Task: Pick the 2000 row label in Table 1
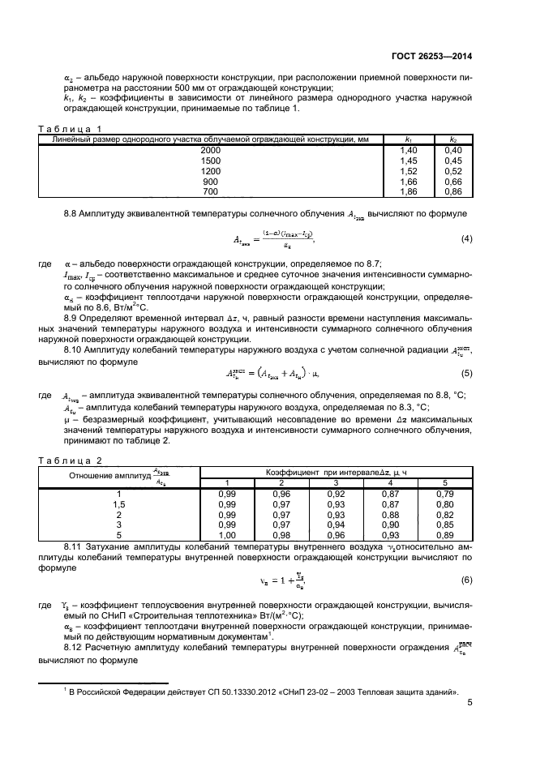coord(210,151)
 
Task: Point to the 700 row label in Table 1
coord(210,191)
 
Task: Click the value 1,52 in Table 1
coord(408,171)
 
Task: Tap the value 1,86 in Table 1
coord(408,191)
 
